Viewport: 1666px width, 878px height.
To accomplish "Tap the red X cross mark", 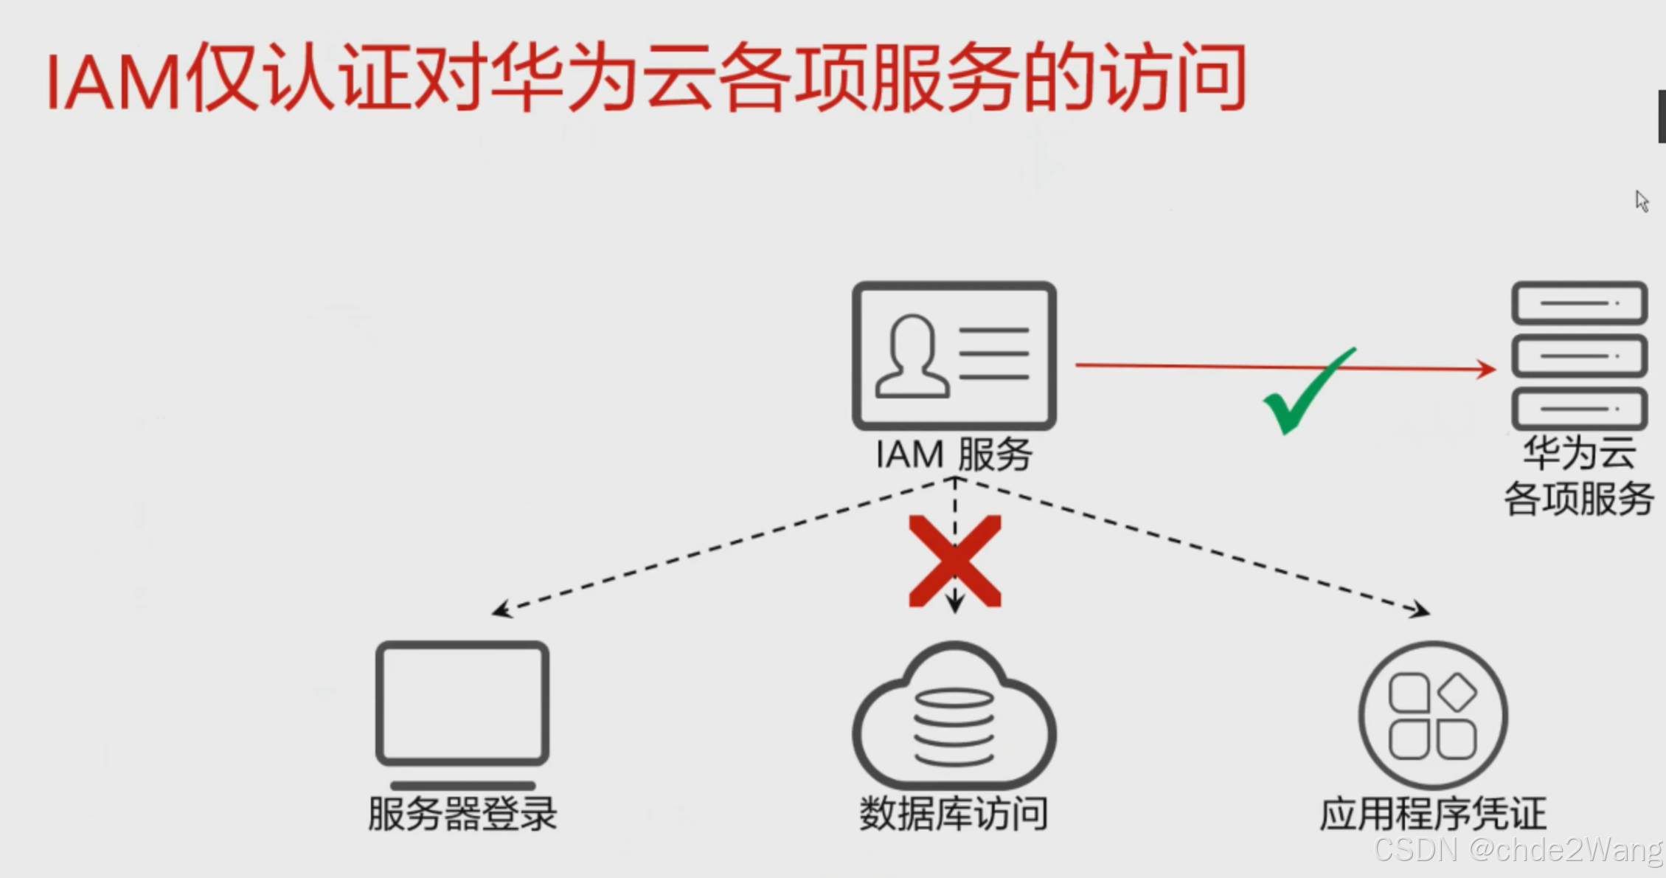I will pos(955,561).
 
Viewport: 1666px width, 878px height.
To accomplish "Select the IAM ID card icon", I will pos(954,356).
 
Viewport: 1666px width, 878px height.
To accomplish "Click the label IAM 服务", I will pos(954,454).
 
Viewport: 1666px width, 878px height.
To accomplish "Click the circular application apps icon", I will pos(1433,716).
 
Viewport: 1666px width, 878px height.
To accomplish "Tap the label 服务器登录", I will pos(462,814).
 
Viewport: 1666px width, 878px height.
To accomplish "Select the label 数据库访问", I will pos(954,814).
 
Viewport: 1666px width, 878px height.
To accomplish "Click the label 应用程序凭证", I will pos(1432,814).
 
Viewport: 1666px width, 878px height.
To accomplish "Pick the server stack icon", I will pos(1579,356).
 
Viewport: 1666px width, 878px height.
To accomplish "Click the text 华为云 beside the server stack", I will pos(1579,452).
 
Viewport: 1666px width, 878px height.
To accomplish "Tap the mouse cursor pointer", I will pos(1641,201).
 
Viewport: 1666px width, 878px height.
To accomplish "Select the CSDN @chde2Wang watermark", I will pos(1518,850).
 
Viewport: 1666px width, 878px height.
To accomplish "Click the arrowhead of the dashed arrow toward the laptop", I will pos(501,610).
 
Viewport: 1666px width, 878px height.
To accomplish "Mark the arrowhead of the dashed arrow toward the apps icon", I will pos(1420,610).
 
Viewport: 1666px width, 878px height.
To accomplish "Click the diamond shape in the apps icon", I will pos(1457,692).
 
